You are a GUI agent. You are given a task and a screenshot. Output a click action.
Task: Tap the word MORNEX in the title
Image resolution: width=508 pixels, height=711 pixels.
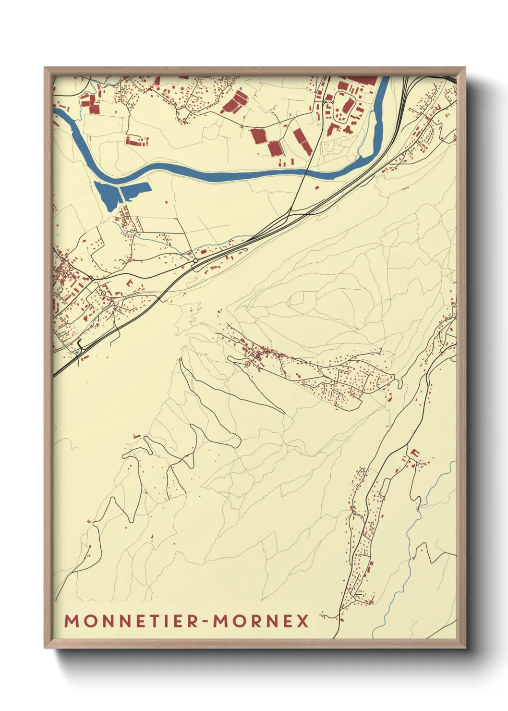(261, 621)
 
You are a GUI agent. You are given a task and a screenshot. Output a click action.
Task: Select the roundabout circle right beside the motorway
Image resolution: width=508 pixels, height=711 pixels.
(195, 261)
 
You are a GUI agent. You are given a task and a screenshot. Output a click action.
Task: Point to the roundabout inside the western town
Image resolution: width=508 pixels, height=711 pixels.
(103, 293)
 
